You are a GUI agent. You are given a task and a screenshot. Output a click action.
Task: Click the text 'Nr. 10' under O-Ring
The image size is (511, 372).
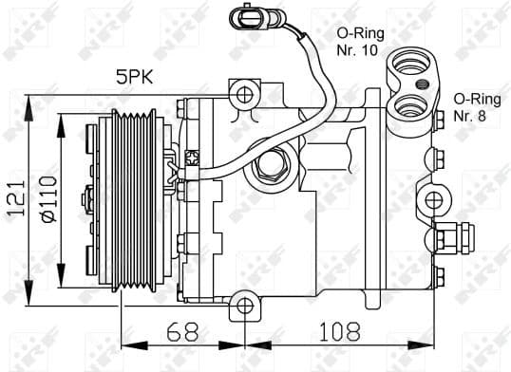click(x=356, y=50)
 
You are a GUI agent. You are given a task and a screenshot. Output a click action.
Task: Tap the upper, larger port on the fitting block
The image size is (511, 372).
click(x=412, y=65)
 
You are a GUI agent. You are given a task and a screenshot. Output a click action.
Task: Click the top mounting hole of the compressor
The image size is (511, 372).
click(x=245, y=94)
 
